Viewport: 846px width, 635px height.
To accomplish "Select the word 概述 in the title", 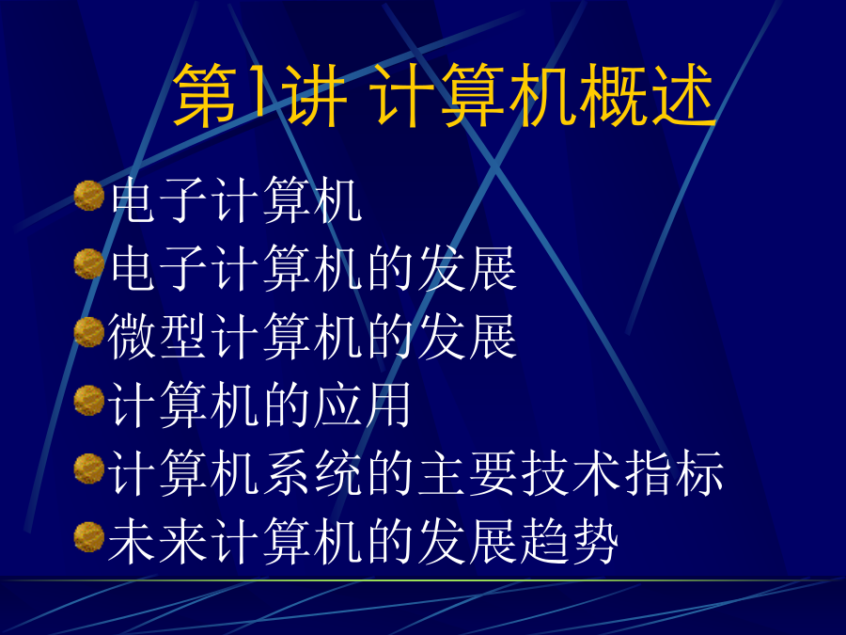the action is [x=647, y=95].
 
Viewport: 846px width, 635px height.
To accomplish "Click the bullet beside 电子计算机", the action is [x=89, y=195].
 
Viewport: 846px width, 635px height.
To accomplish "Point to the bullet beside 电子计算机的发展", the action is [x=89, y=263].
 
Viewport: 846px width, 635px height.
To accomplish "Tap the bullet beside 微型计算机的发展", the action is [x=89, y=331].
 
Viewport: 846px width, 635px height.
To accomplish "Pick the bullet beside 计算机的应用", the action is [x=89, y=400].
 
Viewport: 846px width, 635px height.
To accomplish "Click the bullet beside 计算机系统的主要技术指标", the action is [x=89, y=468].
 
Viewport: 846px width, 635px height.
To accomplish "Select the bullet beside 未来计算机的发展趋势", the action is [x=89, y=537].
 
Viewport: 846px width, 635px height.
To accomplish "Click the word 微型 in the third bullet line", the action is [x=158, y=336].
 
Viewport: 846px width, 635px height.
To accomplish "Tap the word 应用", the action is [x=362, y=405].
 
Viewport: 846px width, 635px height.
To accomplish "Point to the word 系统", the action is [x=312, y=473].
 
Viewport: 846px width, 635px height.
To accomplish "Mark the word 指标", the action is [x=674, y=473].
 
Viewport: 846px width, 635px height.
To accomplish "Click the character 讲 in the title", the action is [x=311, y=95].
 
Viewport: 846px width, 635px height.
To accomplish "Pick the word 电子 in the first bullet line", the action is [x=160, y=199].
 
